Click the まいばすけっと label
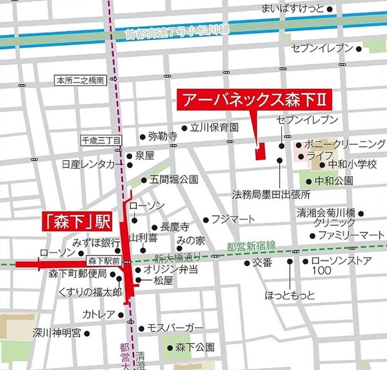tap(292, 8)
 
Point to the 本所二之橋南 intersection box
tap(81, 81)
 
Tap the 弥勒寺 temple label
tap(163, 137)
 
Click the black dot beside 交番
tap(247, 263)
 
